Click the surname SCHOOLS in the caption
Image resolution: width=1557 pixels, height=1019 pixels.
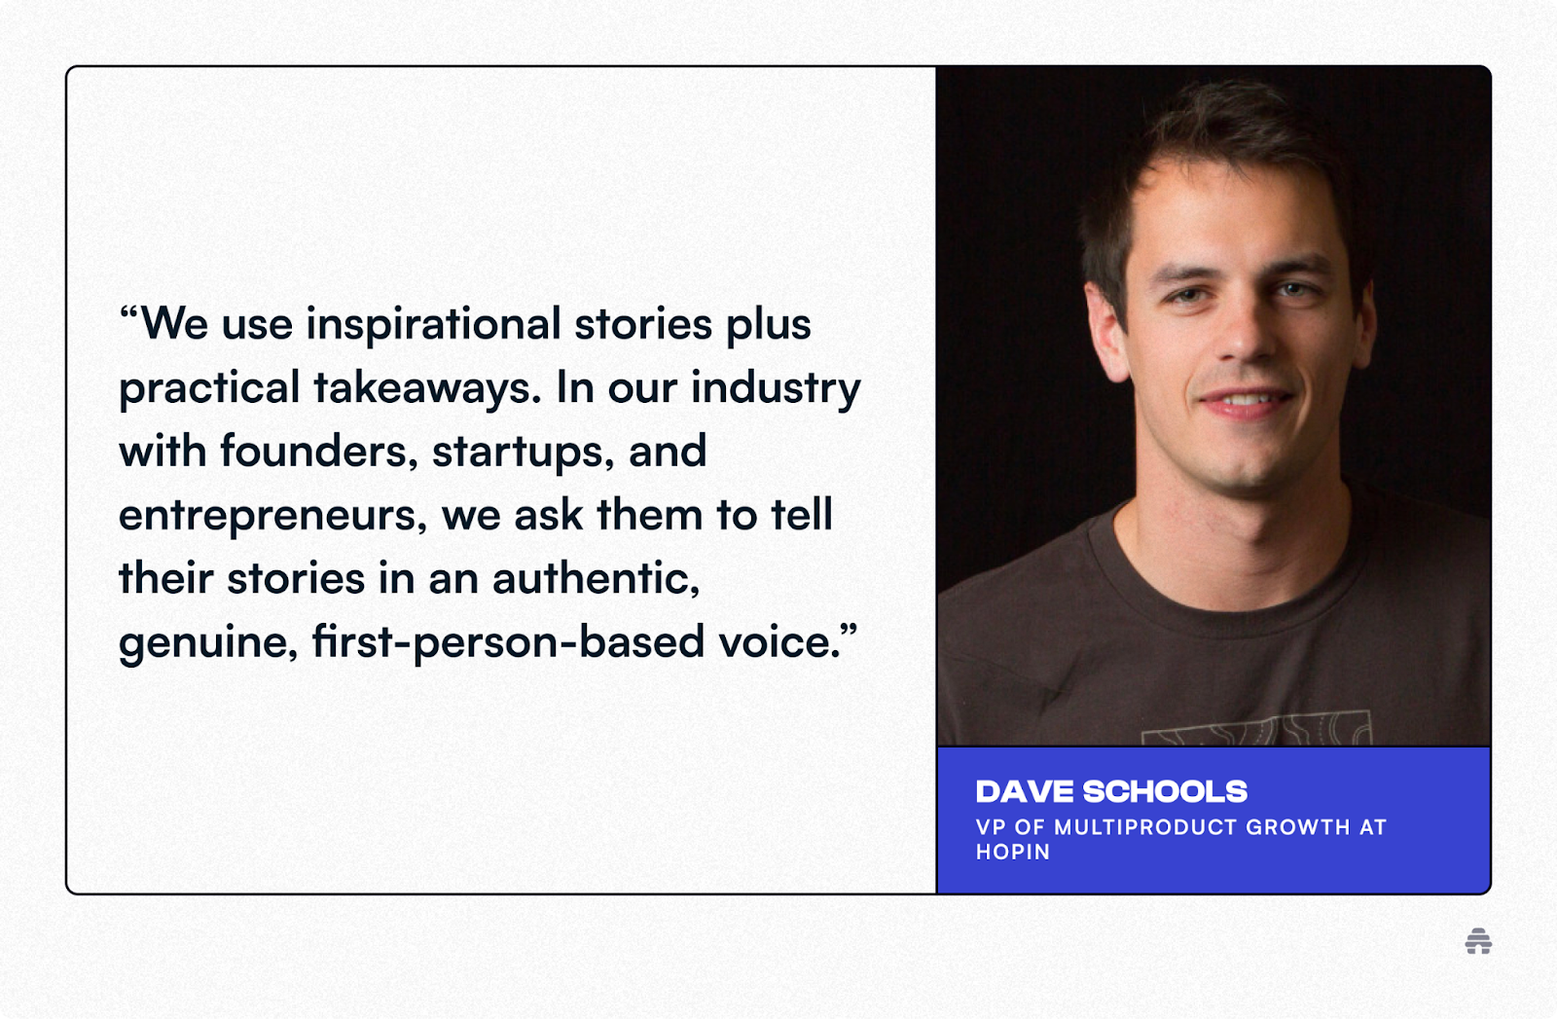1165,791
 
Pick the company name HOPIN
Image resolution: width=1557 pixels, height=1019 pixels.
1013,852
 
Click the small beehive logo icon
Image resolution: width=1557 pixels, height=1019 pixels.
1478,941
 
